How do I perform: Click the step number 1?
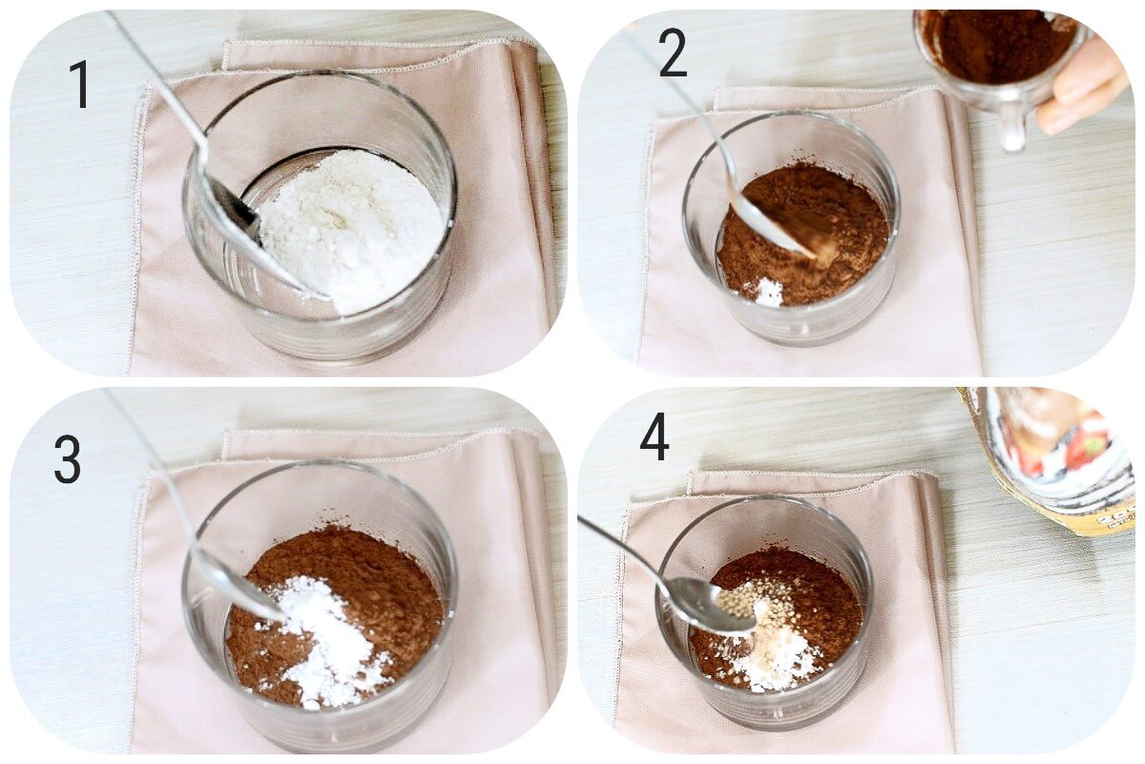click(79, 84)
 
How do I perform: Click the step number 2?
click(672, 53)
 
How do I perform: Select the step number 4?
click(654, 436)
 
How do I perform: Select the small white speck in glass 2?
click(767, 292)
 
